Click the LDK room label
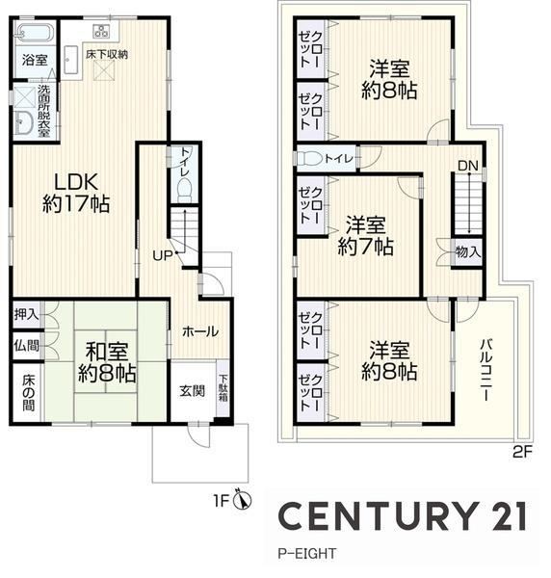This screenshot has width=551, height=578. tap(76, 192)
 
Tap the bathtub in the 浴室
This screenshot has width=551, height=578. tap(35, 32)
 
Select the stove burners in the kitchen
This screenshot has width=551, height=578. tap(101, 31)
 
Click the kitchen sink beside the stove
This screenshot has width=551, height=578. tap(71, 60)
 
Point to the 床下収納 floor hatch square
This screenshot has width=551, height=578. tap(104, 71)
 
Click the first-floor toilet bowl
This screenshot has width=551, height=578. tap(184, 191)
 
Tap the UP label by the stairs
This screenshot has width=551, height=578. tap(162, 255)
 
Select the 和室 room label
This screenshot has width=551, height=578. tap(107, 363)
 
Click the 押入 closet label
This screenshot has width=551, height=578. tap(26, 314)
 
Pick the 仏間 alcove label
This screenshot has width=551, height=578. tap(26, 346)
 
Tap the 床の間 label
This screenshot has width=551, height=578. tap(28, 393)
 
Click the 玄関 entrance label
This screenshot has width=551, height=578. tap(192, 391)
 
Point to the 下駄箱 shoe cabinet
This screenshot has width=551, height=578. tap(223, 388)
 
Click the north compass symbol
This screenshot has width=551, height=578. tap(243, 499)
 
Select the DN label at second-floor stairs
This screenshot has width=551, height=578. tap(468, 166)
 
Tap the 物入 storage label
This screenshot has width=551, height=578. tap(468, 252)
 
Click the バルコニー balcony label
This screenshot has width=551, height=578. tap(485, 370)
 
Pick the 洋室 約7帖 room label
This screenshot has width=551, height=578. tap(365, 236)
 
